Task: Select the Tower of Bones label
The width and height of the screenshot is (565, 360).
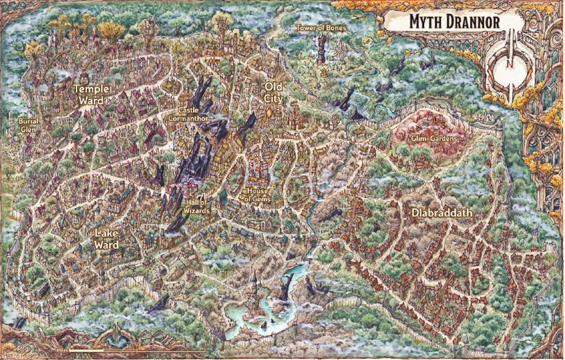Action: (x=321, y=28)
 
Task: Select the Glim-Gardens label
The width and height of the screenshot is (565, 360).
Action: (x=434, y=139)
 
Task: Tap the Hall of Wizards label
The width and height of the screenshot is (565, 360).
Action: (x=196, y=207)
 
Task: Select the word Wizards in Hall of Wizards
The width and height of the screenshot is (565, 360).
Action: (x=196, y=211)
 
